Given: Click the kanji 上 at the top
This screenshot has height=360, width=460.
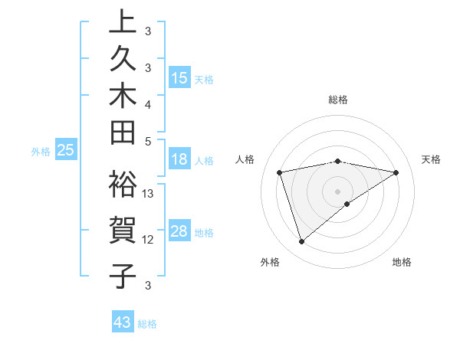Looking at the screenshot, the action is click(x=123, y=21).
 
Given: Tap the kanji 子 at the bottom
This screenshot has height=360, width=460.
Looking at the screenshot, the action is click(x=123, y=275).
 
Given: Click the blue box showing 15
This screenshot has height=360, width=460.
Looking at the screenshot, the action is click(x=179, y=77).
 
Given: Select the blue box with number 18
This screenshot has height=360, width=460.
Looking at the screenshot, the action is click(x=179, y=159).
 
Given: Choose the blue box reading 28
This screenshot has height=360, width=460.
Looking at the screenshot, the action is click(x=179, y=231).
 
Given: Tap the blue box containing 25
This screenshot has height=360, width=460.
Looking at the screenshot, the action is click(x=66, y=151).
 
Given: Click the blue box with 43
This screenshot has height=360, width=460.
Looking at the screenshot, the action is click(x=123, y=322).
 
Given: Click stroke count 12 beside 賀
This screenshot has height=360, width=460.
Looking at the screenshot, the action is click(x=149, y=240).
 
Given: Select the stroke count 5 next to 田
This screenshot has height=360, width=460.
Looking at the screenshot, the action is click(x=148, y=140).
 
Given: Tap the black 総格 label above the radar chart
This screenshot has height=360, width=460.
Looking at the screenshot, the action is click(x=338, y=100).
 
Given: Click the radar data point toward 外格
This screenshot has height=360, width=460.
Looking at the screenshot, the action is click(x=301, y=242).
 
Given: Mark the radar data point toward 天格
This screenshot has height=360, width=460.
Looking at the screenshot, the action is click(x=396, y=172).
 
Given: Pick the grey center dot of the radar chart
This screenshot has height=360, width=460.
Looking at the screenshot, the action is click(x=338, y=191).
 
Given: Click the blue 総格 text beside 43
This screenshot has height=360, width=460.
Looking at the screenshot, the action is click(x=147, y=324).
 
